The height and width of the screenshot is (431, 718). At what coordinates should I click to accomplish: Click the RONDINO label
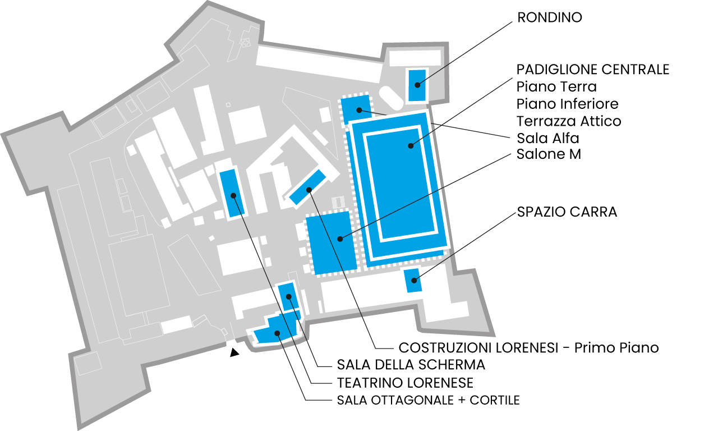(549, 17)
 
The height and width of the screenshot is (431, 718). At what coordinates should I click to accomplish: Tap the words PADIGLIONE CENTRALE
(593, 70)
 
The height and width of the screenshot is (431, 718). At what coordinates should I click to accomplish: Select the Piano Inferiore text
(567, 104)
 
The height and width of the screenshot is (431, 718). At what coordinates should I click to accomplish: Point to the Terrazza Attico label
(569, 121)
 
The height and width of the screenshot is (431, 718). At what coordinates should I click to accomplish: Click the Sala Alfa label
(548, 138)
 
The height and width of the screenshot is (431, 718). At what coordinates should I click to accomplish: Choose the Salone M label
(549, 154)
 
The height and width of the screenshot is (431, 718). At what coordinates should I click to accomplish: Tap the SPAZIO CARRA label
(567, 212)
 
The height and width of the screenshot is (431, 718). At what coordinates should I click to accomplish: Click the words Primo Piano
(616, 348)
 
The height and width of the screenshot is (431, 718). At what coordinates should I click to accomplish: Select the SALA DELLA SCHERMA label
(411, 365)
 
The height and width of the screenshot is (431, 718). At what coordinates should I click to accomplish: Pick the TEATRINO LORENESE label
(405, 383)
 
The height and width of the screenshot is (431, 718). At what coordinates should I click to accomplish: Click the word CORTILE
(495, 400)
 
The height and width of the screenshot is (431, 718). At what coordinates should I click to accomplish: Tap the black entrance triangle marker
(234, 353)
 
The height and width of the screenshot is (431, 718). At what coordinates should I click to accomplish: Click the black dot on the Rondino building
(417, 85)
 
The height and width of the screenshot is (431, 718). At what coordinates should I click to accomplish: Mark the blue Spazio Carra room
(412, 281)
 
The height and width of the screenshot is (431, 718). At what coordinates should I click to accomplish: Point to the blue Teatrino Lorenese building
(232, 194)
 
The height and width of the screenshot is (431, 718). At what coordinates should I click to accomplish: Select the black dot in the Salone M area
(340, 239)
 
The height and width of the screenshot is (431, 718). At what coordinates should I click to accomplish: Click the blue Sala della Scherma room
(288, 297)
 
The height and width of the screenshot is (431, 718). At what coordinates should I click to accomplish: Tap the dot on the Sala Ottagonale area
(277, 333)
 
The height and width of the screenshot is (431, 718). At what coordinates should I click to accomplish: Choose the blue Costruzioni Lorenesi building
(308, 187)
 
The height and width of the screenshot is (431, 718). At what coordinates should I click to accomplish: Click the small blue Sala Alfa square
(356, 109)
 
